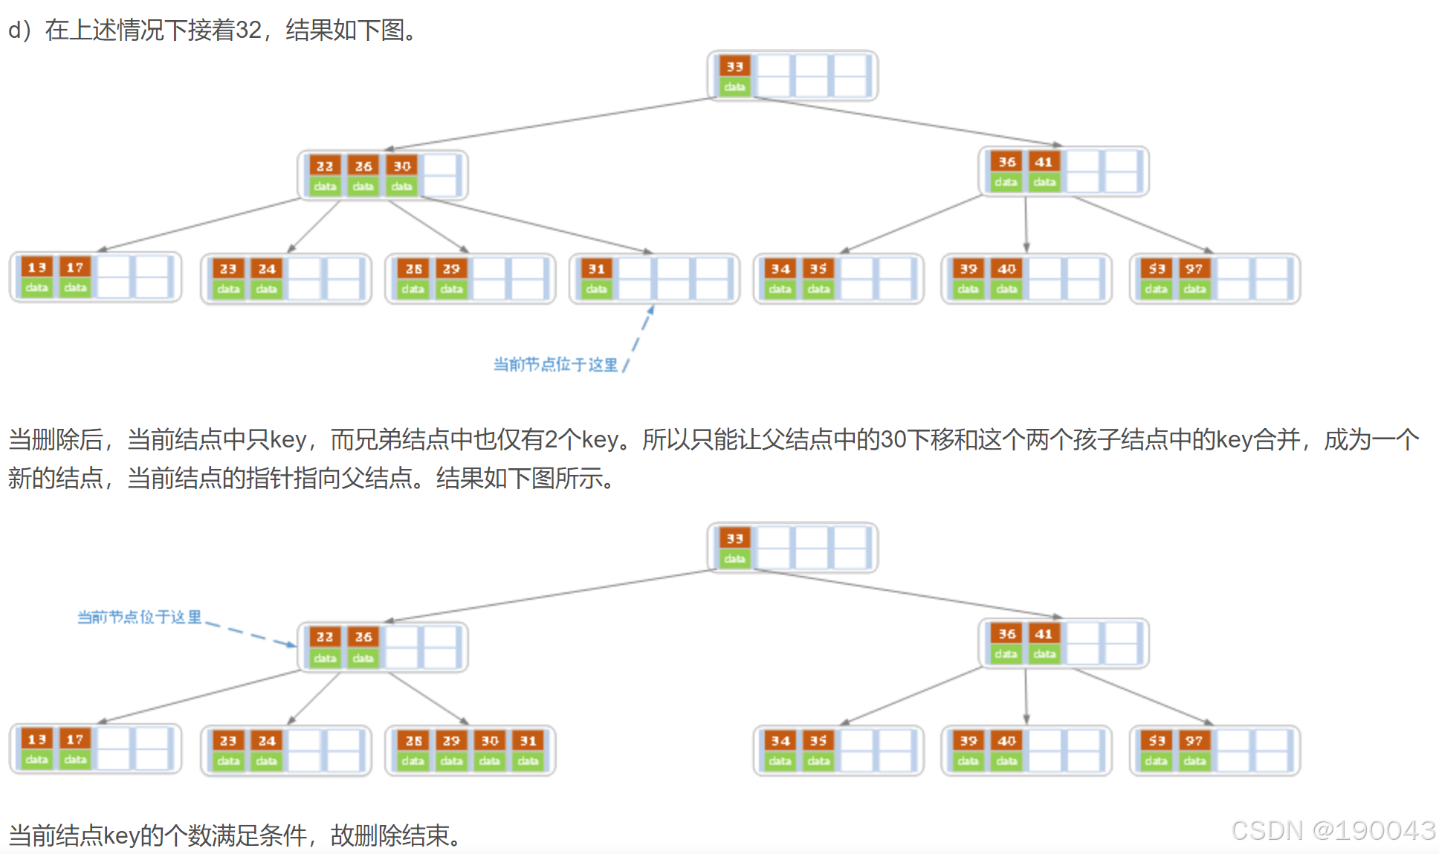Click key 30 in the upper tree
click(x=402, y=166)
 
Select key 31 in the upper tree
click(x=596, y=268)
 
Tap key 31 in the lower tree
click(x=528, y=740)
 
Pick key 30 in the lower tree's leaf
click(x=490, y=740)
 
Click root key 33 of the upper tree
click(x=734, y=66)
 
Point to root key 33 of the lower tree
click(x=734, y=538)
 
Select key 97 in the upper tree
click(x=1194, y=268)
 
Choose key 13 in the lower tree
click(x=36, y=739)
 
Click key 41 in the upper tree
click(x=1044, y=161)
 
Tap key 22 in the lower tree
click(x=325, y=637)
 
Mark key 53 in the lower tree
click(x=1157, y=740)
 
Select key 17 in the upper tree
click(x=75, y=267)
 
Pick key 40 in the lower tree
click(x=1006, y=740)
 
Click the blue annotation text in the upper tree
click(x=555, y=364)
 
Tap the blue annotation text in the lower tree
click(x=139, y=617)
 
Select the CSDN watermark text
click(x=1333, y=830)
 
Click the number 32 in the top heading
click(x=248, y=30)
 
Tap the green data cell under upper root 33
click(x=734, y=87)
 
